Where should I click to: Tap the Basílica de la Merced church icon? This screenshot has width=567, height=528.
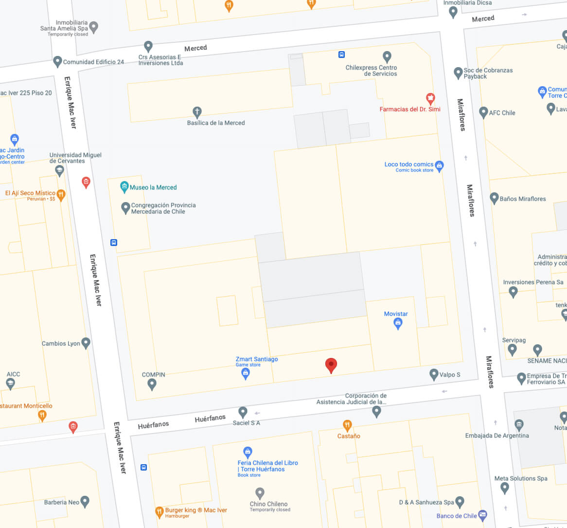[197, 112]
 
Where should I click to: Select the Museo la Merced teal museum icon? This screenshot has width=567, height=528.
[124, 187]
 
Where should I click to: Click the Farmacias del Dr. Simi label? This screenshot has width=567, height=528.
[409, 109]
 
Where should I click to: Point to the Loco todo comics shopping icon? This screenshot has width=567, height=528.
[440, 166]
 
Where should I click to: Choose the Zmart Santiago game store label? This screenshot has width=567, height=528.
[257, 359]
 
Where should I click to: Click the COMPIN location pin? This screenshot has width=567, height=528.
[152, 384]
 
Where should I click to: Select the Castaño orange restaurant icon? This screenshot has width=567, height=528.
[347, 425]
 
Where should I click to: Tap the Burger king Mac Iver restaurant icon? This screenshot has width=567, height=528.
[159, 511]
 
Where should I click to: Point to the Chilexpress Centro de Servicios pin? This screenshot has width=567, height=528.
[387, 57]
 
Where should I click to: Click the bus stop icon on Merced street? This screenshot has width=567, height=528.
[342, 55]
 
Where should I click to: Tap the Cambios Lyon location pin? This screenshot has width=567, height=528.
[86, 343]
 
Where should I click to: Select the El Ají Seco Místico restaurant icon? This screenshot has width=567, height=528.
[61, 194]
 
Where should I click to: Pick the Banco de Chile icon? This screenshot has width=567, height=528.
[482, 514]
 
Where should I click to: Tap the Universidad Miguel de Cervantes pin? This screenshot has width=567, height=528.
[59, 170]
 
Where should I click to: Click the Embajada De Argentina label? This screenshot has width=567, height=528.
[496, 435]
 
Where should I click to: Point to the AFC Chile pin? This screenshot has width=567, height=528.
[483, 112]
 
